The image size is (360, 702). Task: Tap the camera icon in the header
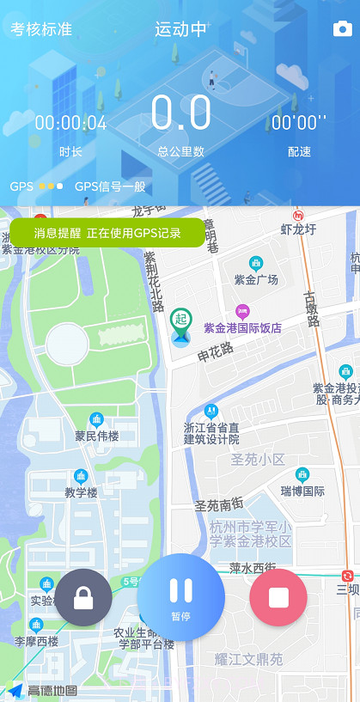point(342,29)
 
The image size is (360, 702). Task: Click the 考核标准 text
point(41,29)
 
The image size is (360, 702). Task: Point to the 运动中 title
point(180,29)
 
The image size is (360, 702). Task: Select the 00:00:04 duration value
point(70,123)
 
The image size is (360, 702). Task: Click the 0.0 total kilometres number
point(180,113)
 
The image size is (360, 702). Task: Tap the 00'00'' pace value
point(299,123)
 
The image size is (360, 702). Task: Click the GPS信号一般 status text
point(110,186)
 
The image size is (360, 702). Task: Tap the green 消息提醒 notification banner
point(107,233)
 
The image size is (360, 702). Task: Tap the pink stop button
point(278,597)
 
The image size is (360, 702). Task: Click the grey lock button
point(83,597)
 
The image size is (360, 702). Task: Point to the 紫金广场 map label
point(256,279)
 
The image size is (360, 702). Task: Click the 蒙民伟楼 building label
point(96,436)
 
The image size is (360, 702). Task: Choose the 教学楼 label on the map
point(82,492)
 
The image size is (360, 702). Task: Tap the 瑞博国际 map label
point(302,491)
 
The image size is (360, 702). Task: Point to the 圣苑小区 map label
point(258,460)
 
